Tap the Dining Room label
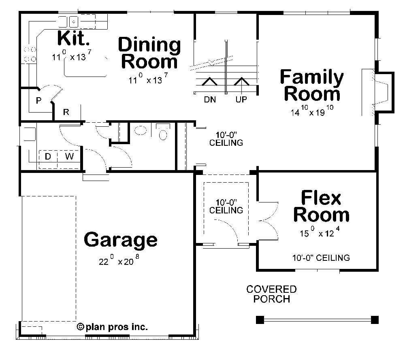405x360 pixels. point(149,53)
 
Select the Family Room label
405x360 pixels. point(311,85)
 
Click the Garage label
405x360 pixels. point(120,240)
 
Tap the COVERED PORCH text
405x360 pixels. point(271,294)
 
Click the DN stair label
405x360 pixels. point(210,100)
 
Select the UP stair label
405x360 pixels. point(241,100)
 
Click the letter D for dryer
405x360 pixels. point(47,156)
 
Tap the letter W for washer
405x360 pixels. point(69,156)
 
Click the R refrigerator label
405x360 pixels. point(66,112)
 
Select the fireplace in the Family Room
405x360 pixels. point(381,92)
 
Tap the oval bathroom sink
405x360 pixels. point(140,130)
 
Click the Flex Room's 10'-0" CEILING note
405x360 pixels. point(321,258)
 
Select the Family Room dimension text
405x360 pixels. point(311,112)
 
